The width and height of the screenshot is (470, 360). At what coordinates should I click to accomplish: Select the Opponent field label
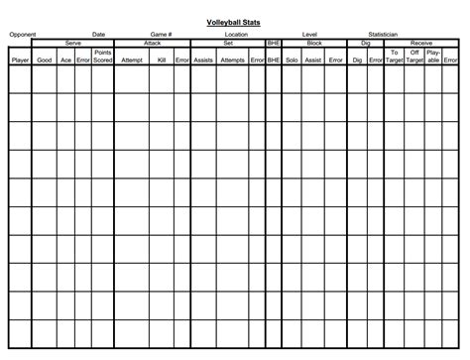pos(23,34)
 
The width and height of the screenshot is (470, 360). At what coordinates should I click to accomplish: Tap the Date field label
pos(99,34)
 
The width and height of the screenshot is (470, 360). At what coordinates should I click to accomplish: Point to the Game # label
pos(162,34)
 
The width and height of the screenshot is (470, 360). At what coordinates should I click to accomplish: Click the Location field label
pos(236,34)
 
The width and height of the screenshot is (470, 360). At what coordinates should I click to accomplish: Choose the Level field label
pos(309,34)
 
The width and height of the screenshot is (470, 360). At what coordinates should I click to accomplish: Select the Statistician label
pos(383,34)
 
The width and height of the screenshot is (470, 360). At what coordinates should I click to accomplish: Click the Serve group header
pos(73,43)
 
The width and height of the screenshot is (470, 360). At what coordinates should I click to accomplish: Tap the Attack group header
pos(153,43)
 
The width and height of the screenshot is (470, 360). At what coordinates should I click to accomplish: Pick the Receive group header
pos(420,43)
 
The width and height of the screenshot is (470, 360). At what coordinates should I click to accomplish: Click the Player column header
pos(20,60)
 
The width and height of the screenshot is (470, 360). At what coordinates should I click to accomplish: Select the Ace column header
pos(65,60)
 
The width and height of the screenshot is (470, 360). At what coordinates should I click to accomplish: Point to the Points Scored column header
pos(103,57)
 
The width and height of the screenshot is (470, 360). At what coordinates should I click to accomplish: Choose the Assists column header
pos(202,60)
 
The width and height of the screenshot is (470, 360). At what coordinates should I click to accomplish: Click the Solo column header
pos(291,60)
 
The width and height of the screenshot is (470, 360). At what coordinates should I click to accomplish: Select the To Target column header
pos(396,57)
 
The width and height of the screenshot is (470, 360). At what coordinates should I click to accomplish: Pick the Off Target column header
pos(414,57)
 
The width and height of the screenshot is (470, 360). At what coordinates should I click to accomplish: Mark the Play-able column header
pos(433,57)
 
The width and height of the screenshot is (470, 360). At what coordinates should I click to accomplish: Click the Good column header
pos(45,60)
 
